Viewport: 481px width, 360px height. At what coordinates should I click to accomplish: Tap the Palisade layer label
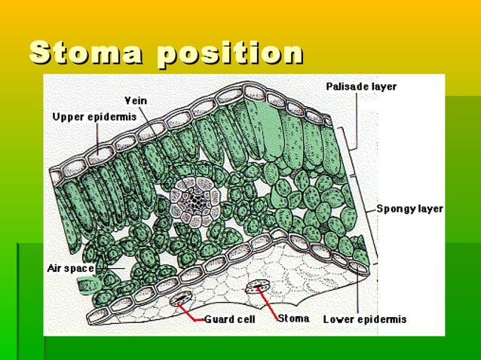(x=361, y=87)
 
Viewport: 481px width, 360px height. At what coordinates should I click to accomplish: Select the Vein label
(x=136, y=100)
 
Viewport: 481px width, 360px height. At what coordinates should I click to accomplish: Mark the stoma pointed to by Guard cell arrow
(x=181, y=299)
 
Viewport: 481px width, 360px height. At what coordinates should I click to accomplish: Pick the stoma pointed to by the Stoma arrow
(x=260, y=288)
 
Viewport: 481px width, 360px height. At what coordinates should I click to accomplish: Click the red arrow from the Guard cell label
(x=193, y=311)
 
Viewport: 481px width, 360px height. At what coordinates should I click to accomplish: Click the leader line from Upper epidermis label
(x=97, y=136)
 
